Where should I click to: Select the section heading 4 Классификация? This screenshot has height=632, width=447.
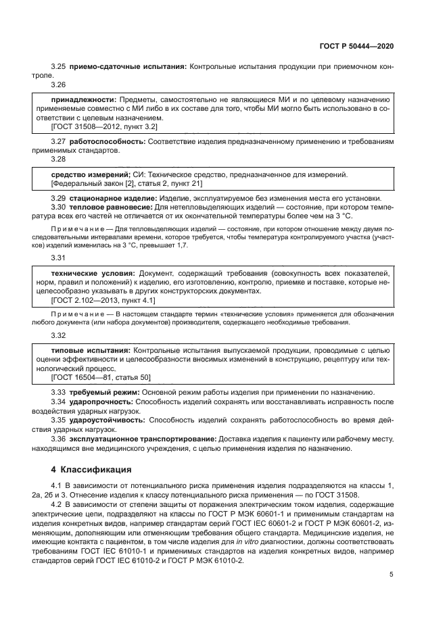pos(95,469)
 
